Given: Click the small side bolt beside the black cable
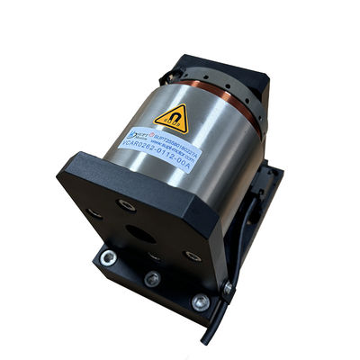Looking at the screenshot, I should pos(228,288).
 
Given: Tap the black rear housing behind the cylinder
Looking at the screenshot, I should pos(225,67).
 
